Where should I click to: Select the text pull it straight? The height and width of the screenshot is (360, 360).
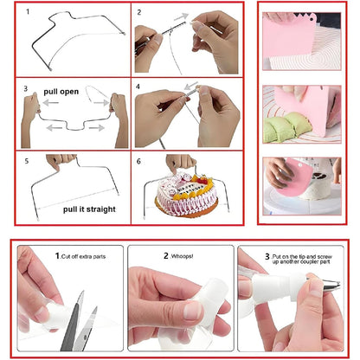89,209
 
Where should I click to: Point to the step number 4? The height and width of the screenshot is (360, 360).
140,87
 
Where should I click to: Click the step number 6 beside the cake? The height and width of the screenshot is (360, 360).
140,161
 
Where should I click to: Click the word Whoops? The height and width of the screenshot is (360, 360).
190,257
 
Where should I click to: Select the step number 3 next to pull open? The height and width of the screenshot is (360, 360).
26,88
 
